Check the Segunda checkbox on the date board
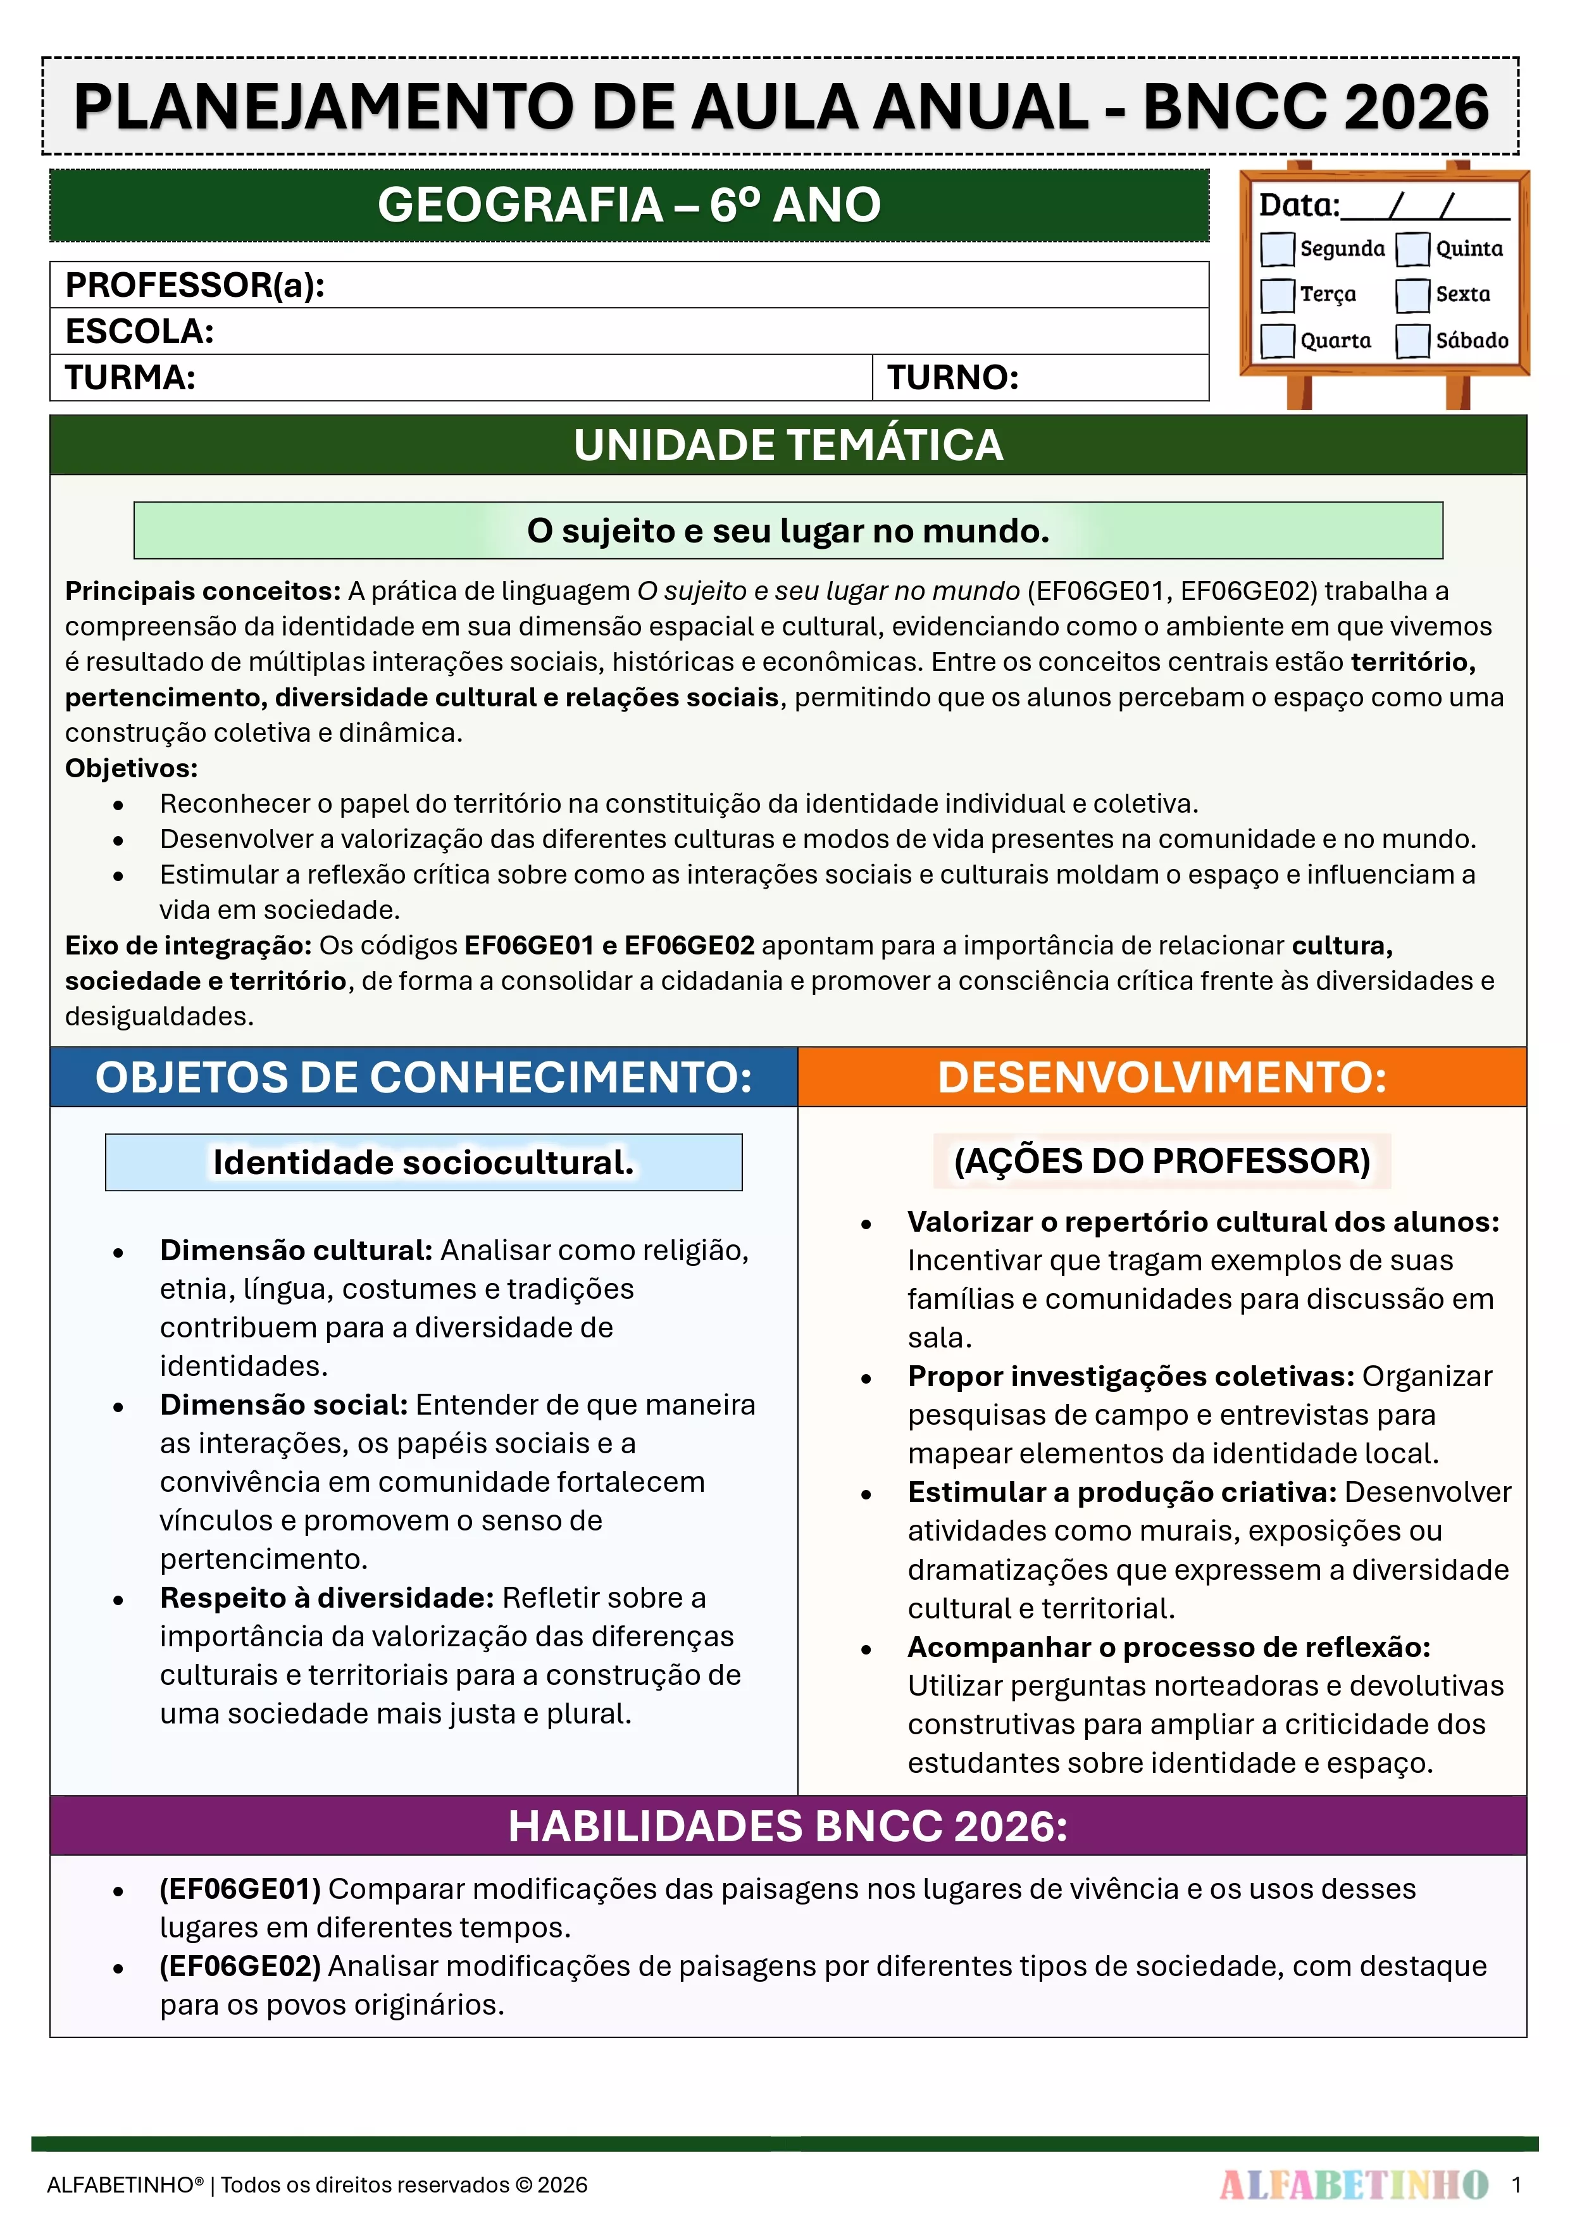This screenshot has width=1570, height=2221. (x=1277, y=249)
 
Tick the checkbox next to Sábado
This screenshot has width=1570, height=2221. (x=1412, y=341)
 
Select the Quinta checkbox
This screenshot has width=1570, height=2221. (x=1412, y=249)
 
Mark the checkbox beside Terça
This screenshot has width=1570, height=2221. (x=1277, y=295)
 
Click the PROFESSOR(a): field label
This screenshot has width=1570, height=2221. (x=194, y=285)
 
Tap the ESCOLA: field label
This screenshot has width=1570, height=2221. (x=139, y=332)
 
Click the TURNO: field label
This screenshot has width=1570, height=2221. (x=953, y=377)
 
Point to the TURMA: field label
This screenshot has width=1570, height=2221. (x=130, y=377)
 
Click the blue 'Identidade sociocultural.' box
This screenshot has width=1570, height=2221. (x=424, y=1162)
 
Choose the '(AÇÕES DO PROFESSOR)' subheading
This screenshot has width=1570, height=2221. (x=1162, y=1161)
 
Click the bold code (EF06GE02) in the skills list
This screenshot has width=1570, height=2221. (x=240, y=1966)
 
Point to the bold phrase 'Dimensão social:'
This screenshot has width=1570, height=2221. (x=283, y=1405)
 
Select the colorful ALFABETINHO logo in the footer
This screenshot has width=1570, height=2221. (x=1354, y=2184)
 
